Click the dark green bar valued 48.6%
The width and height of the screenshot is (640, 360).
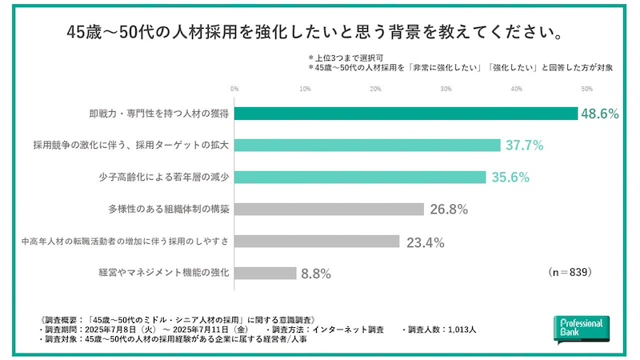tap(406, 114)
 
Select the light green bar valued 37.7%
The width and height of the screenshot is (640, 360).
tap(367, 146)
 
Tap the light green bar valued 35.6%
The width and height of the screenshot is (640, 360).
tap(360, 178)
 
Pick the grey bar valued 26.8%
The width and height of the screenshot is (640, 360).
tap(329, 210)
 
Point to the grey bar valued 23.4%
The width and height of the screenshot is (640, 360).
tap(317, 241)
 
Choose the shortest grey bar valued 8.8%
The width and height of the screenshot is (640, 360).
tap(266, 273)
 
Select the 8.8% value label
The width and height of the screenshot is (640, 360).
tap(316, 274)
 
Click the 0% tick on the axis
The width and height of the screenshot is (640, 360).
tap(234, 88)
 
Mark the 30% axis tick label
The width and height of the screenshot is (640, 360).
tap(446, 88)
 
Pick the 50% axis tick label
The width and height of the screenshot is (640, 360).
tap(586, 88)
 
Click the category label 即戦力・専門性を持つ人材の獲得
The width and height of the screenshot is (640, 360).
tap(159, 114)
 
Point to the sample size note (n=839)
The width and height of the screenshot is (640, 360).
tap(570, 272)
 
